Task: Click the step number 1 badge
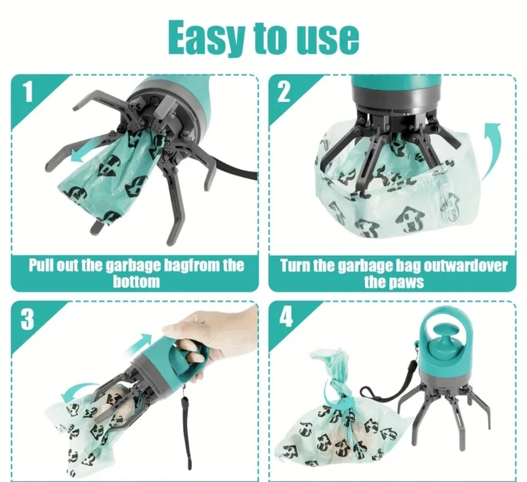coord(27,91)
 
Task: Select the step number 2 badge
coord(284,92)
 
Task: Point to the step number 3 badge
coord(27,319)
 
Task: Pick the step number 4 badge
coord(285,317)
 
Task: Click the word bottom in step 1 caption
coord(136,281)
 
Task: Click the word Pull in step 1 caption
coord(41,265)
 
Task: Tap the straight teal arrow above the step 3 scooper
coord(139,343)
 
